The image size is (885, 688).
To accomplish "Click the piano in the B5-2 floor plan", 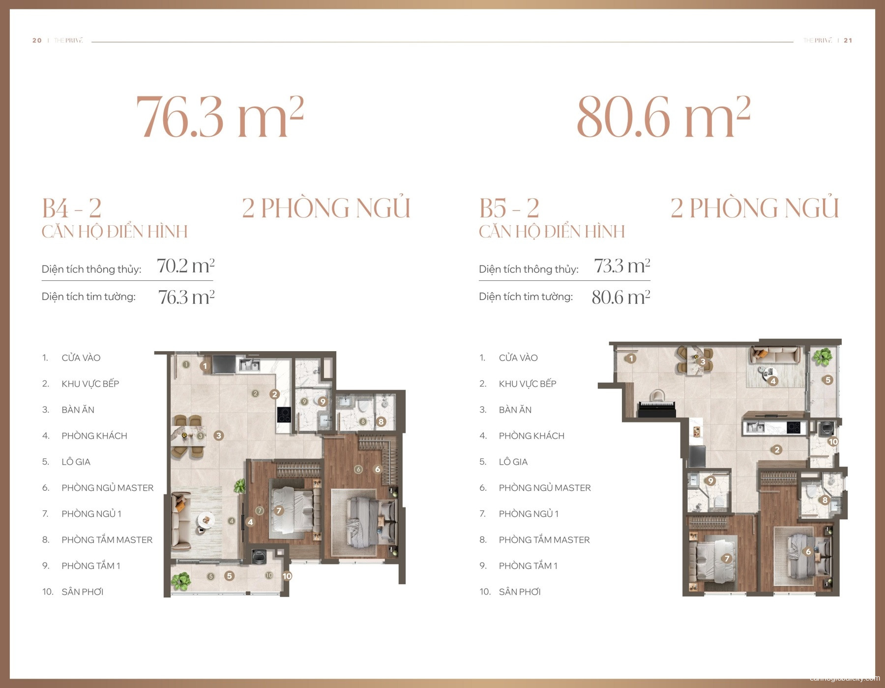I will coord(657,406).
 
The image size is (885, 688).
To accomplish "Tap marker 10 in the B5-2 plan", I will coord(833,442).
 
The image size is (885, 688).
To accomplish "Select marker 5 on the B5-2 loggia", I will coord(828,380).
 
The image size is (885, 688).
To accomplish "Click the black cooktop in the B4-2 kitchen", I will coord(284,415).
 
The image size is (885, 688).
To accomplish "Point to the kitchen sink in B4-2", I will coord(249,364).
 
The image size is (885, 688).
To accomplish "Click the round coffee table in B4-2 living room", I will coord(206,519).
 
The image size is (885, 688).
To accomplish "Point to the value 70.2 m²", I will coord(185,266).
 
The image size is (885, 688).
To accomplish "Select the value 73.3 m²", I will coord(622,266).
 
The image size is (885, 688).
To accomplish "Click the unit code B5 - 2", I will coord(509,208).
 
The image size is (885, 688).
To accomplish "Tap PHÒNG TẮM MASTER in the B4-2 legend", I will coord(107,539).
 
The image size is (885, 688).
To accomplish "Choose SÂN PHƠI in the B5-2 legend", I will coord(519,592).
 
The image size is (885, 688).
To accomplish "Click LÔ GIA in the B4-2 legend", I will coord(76,462).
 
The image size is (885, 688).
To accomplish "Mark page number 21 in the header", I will coord(848,40).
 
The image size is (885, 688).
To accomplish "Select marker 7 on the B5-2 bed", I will coord(727,558).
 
